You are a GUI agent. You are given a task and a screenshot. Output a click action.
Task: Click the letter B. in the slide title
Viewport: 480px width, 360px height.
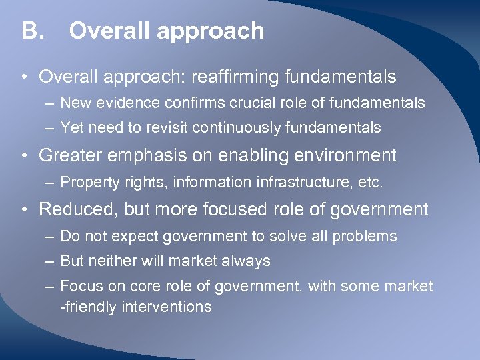[x=31, y=31]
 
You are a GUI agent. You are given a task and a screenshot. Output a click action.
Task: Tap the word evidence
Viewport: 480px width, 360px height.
[x=124, y=103]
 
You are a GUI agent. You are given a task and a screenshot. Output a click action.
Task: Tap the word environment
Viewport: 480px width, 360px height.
[x=335, y=156]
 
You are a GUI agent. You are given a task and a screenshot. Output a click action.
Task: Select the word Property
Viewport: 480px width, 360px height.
[x=85, y=182]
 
